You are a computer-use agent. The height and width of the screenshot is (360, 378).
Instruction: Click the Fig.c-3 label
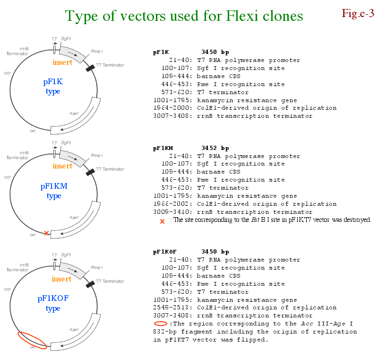click(358, 13)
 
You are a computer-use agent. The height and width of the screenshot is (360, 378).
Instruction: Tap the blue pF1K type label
click(53, 87)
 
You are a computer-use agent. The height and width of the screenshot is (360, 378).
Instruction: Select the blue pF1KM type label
click(54, 191)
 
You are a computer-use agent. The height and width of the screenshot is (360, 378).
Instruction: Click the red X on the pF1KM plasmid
click(46, 233)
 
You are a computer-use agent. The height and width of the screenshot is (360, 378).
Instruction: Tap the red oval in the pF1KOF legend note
click(161, 324)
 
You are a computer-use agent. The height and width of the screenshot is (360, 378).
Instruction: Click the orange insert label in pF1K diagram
click(62, 62)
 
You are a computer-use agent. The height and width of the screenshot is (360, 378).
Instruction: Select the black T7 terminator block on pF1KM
click(89, 173)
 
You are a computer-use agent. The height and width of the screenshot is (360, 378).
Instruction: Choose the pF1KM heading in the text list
click(163, 148)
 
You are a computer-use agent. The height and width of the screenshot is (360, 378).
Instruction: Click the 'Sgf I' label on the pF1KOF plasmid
click(66, 255)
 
